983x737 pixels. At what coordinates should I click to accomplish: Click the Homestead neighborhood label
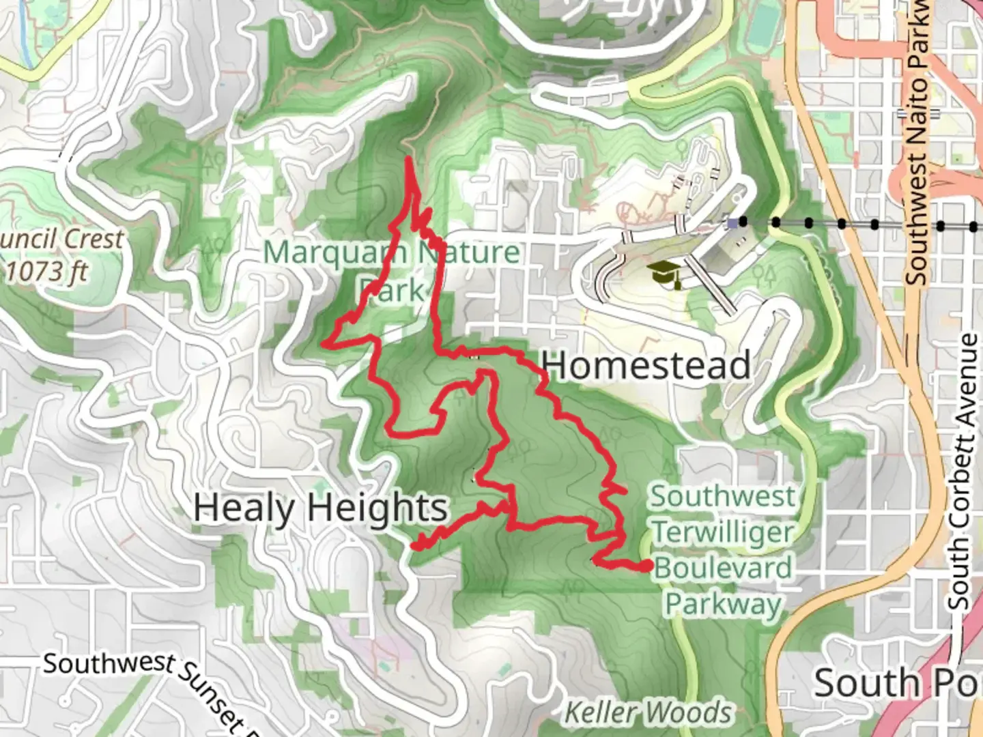(646, 365)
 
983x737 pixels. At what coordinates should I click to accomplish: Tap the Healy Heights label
(320, 508)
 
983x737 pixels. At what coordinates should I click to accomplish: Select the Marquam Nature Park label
(391, 270)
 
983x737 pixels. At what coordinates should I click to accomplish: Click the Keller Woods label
(648, 713)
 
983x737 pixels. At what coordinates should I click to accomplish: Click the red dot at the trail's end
(646, 565)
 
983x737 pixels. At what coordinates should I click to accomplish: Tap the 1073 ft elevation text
(47, 271)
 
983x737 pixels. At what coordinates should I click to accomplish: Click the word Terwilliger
(724, 532)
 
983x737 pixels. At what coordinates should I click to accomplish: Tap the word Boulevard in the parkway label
(724, 568)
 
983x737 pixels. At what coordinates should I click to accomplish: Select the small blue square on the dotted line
(732, 222)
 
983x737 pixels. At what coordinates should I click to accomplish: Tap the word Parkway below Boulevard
(724, 604)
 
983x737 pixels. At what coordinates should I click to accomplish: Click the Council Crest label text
(61, 240)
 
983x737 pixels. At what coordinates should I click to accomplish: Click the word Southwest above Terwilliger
(722, 496)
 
